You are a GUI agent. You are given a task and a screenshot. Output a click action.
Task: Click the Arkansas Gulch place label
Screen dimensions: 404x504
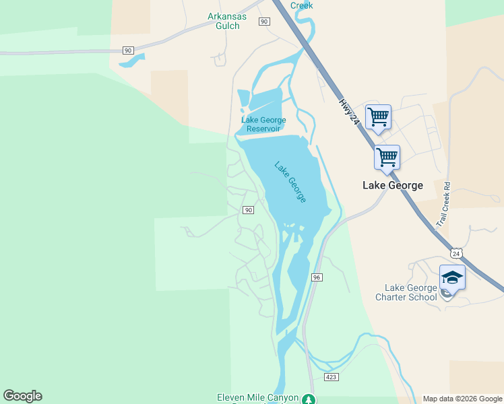[227, 21]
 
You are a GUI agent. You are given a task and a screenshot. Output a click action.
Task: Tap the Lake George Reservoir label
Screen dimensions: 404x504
[263, 125]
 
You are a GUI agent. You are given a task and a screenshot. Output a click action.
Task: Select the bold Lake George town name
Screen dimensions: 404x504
[393, 185]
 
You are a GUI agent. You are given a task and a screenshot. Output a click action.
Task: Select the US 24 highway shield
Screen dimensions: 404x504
[457, 253]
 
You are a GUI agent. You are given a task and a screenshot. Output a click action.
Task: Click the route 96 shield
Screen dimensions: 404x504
[317, 277]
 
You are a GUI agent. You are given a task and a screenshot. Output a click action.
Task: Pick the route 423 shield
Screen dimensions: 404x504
[330, 377]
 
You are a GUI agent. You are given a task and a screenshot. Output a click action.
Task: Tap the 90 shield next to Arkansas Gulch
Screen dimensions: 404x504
[264, 22]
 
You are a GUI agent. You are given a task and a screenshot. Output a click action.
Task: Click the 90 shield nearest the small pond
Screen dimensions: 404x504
[128, 50]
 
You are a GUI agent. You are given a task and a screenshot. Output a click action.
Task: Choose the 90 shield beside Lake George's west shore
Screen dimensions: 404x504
[248, 210]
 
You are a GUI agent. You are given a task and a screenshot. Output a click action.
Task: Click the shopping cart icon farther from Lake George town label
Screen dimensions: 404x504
[378, 116]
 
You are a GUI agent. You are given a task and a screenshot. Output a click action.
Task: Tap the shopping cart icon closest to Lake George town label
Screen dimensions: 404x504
[387, 158]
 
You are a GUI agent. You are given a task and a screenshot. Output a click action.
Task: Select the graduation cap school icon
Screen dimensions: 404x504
[451, 277]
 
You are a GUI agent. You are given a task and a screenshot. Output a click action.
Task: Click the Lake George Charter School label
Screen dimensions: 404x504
[406, 293]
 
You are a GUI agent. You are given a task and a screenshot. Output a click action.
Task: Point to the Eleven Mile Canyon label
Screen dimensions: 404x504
[257, 397]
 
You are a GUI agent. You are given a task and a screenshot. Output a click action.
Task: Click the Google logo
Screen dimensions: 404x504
[22, 396]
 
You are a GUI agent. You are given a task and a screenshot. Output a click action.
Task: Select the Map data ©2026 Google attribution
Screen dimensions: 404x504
[462, 399]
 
